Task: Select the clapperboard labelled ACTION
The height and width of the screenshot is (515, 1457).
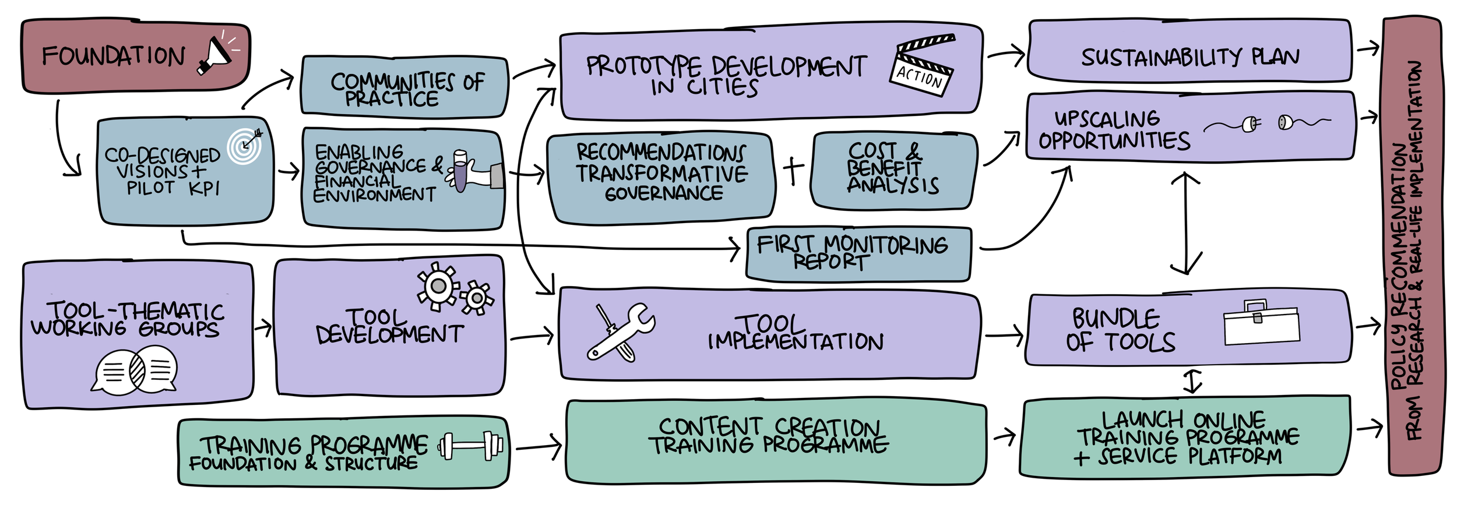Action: point(923,65)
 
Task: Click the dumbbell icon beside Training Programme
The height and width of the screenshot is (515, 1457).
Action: point(471,446)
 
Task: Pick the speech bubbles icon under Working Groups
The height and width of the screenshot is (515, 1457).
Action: point(135,371)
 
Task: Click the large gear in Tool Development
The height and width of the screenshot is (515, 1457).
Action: point(437,286)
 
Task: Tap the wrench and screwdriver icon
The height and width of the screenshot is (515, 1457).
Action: point(620,333)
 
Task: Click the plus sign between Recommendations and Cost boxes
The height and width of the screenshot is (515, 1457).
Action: point(793,170)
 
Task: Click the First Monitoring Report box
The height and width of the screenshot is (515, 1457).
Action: point(858,254)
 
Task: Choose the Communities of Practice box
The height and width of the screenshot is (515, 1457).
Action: point(404,87)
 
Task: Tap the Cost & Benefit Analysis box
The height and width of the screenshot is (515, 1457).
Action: point(893,169)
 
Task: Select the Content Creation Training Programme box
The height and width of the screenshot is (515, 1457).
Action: point(775,441)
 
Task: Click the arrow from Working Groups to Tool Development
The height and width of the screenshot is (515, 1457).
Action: point(263,327)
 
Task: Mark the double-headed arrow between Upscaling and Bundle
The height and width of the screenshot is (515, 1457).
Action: point(1186,223)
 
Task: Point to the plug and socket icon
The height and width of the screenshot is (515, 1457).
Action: point(1267,123)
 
